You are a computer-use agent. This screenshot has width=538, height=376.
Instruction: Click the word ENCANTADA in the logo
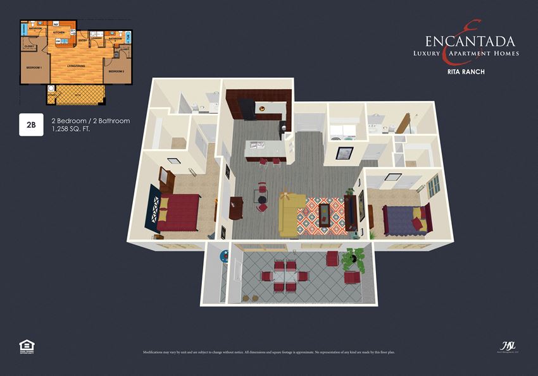tap(470, 42)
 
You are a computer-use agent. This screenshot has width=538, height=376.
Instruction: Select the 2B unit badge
tap(31, 125)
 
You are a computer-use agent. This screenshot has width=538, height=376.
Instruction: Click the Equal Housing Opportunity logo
tap(26, 346)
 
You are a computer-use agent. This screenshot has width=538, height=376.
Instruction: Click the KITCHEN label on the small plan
tap(59, 32)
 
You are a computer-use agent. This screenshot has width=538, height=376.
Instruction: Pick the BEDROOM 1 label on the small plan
tap(34, 67)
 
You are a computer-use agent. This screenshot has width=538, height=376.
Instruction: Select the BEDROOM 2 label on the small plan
tap(116, 71)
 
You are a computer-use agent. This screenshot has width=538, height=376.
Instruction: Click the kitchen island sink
tap(258, 147)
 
